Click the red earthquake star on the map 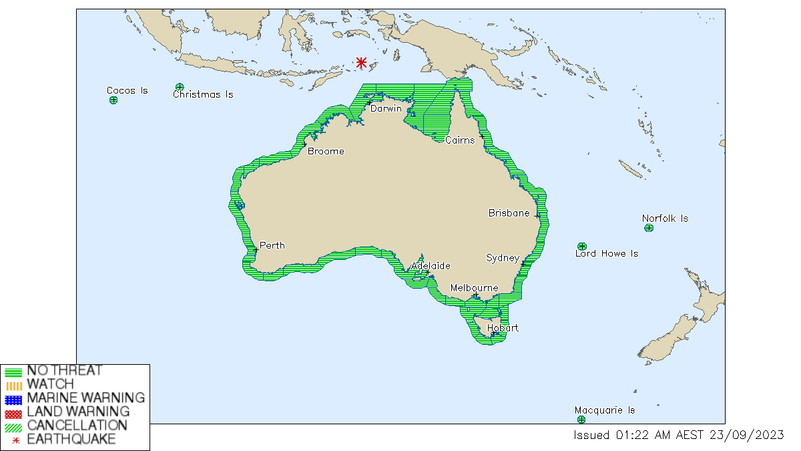click(x=361, y=63)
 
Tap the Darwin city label click(x=386, y=108)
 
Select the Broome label click(x=326, y=151)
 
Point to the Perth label click(x=272, y=245)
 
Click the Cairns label click(x=460, y=140)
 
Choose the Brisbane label click(x=509, y=213)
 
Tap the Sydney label click(x=502, y=257)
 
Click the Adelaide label click(x=431, y=265)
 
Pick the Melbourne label click(x=474, y=288)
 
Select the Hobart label click(x=503, y=328)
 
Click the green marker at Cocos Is click(x=113, y=100)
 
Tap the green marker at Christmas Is click(x=180, y=87)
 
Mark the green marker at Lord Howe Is click(x=582, y=247)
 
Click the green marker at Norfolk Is click(x=649, y=228)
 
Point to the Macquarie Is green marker click(x=581, y=420)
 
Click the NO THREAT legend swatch click(x=13, y=371)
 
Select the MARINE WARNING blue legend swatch click(x=13, y=399)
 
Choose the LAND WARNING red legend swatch click(x=13, y=413)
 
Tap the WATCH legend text click(x=50, y=384)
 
